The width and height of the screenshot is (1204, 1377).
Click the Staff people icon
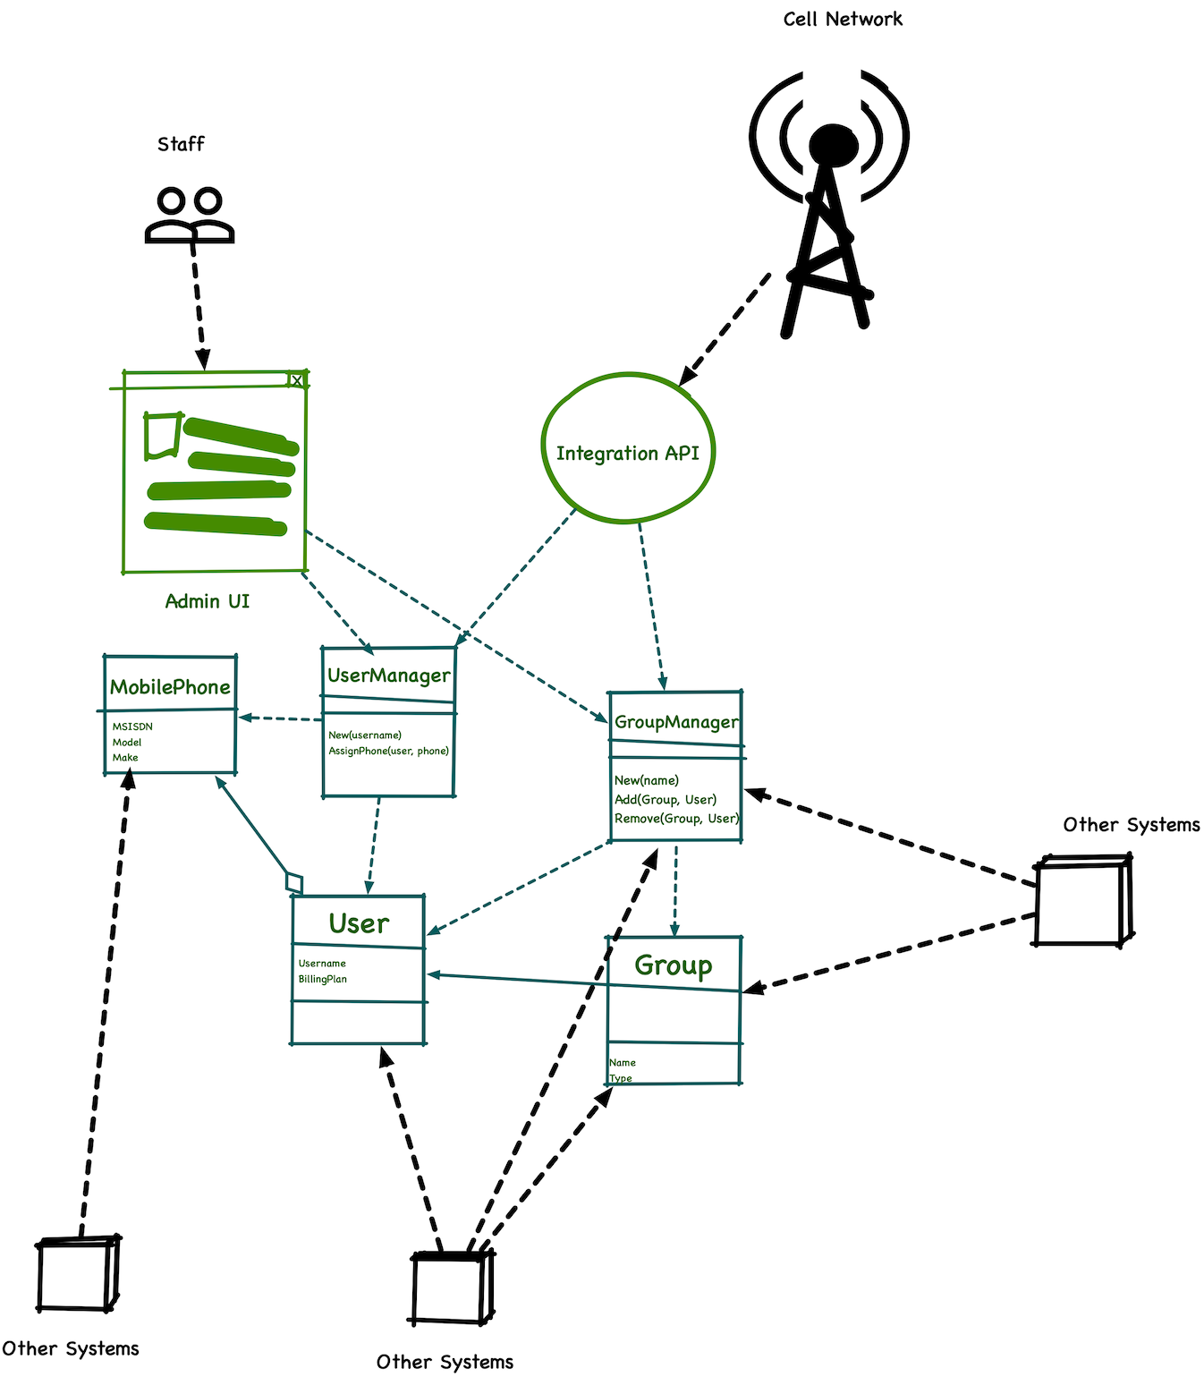point(190,215)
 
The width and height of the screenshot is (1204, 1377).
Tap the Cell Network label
point(843,19)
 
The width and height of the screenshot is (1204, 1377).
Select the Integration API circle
point(627,448)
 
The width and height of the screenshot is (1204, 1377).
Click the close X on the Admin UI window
point(297,380)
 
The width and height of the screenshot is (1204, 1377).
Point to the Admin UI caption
point(208,601)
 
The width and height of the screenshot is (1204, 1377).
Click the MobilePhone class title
point(170,687)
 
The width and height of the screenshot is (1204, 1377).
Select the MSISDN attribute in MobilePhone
point(132,727)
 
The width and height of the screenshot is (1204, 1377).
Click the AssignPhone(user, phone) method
point(388,751)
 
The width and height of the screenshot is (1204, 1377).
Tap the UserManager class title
point(389,676)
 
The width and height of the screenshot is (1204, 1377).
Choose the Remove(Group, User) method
point(676,819)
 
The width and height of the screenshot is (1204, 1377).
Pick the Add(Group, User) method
point(666,800)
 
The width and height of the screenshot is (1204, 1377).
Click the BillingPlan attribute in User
point(323,980)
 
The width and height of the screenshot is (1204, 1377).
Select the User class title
point(359,923)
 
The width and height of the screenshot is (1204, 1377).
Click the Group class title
point(674,965)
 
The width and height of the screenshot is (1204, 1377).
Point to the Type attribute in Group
point(621,1078)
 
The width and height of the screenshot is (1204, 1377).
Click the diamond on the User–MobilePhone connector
point(294,882)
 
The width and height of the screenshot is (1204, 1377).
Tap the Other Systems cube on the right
point(1082,900)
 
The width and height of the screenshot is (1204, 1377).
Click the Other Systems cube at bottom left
point(78,1274)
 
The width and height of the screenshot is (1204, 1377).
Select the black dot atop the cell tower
point(833,143)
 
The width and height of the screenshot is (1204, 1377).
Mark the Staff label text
point(181,144)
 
